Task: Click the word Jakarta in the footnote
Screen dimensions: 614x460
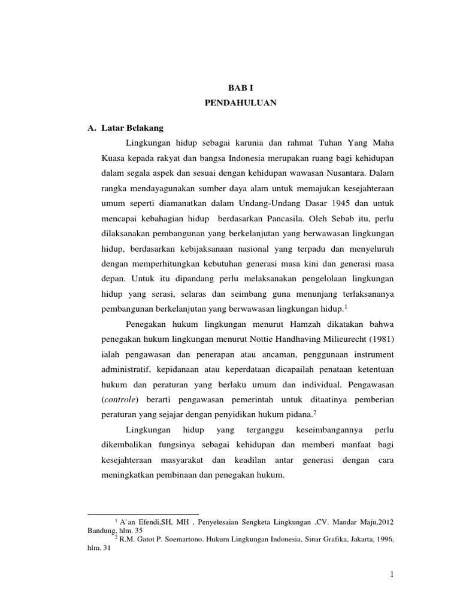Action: pos(340,539)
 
